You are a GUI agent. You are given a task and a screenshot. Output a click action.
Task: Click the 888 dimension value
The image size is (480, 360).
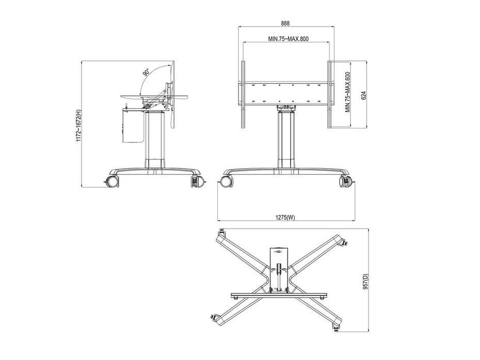coord(285,23)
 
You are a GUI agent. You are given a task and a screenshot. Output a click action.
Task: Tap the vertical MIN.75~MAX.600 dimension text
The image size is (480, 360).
coord(348,93)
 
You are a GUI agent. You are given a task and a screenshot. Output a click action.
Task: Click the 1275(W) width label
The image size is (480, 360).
coord(285,218)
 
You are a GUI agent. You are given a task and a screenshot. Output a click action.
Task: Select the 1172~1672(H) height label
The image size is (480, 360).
coord(78,125)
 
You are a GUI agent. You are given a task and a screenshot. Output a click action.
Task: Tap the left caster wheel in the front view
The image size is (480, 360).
coord(226,181)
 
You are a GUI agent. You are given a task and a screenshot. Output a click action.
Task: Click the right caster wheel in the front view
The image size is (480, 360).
coord(345,181)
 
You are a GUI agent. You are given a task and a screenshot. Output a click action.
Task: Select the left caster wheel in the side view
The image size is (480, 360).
coord(111,181)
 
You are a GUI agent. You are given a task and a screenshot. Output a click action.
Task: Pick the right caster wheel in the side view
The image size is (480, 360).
coord(197,182)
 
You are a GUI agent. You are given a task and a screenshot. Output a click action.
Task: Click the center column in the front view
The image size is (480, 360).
coord(285,139)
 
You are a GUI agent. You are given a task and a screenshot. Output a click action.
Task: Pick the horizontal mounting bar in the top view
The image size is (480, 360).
coord(279,296)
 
